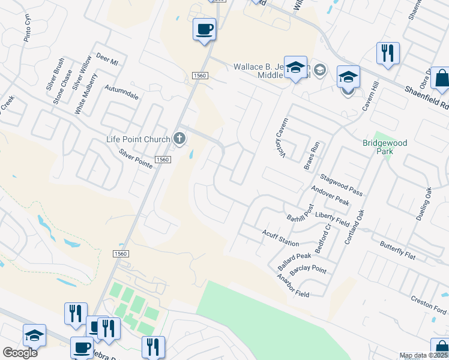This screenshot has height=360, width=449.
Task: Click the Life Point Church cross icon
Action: click(x=179, y=139)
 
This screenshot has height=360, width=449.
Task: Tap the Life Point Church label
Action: click(x=138, y=140)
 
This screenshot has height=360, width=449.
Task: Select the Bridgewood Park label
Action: click(x=385, y=147)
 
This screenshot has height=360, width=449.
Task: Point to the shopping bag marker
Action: click(x=442, y=80)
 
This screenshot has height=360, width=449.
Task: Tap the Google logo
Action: click(x=20, y=353)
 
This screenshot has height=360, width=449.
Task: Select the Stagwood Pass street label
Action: click(x=341, y=184)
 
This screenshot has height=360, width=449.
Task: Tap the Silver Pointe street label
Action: click(x=136, y=158)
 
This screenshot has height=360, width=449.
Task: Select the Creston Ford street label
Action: click(x=429, y=304)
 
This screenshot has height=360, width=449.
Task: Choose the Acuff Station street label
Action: click(x=280, y=238)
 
